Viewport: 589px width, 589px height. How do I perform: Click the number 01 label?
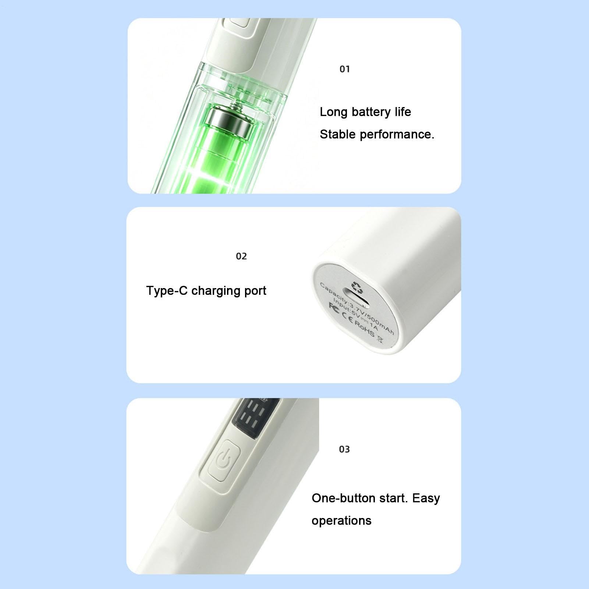tap(345, 69)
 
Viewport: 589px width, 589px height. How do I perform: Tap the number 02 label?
tap(241, 256)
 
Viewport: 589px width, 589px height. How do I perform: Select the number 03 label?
tap(344, 449)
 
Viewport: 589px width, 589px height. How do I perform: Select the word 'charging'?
tap(211, 291)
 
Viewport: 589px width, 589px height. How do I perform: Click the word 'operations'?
tap(341, 521)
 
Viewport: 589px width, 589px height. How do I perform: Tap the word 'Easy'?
tap(426, 498)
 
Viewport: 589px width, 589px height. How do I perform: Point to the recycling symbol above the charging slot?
tap(356, 286)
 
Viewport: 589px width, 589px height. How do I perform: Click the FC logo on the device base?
tap(334, 306)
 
